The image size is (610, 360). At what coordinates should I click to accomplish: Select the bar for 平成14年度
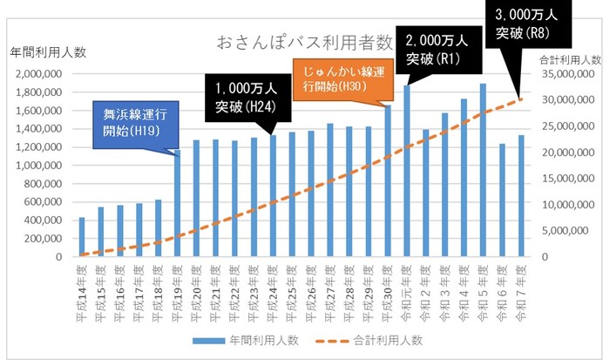pos(82,237)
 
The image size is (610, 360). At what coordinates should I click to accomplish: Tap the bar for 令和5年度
pos(483,171)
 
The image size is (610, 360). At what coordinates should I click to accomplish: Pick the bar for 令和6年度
pos(502,200)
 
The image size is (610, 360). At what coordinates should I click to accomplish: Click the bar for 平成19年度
pos(177,204)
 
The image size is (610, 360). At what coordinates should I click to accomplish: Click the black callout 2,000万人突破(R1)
pos(437,49)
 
